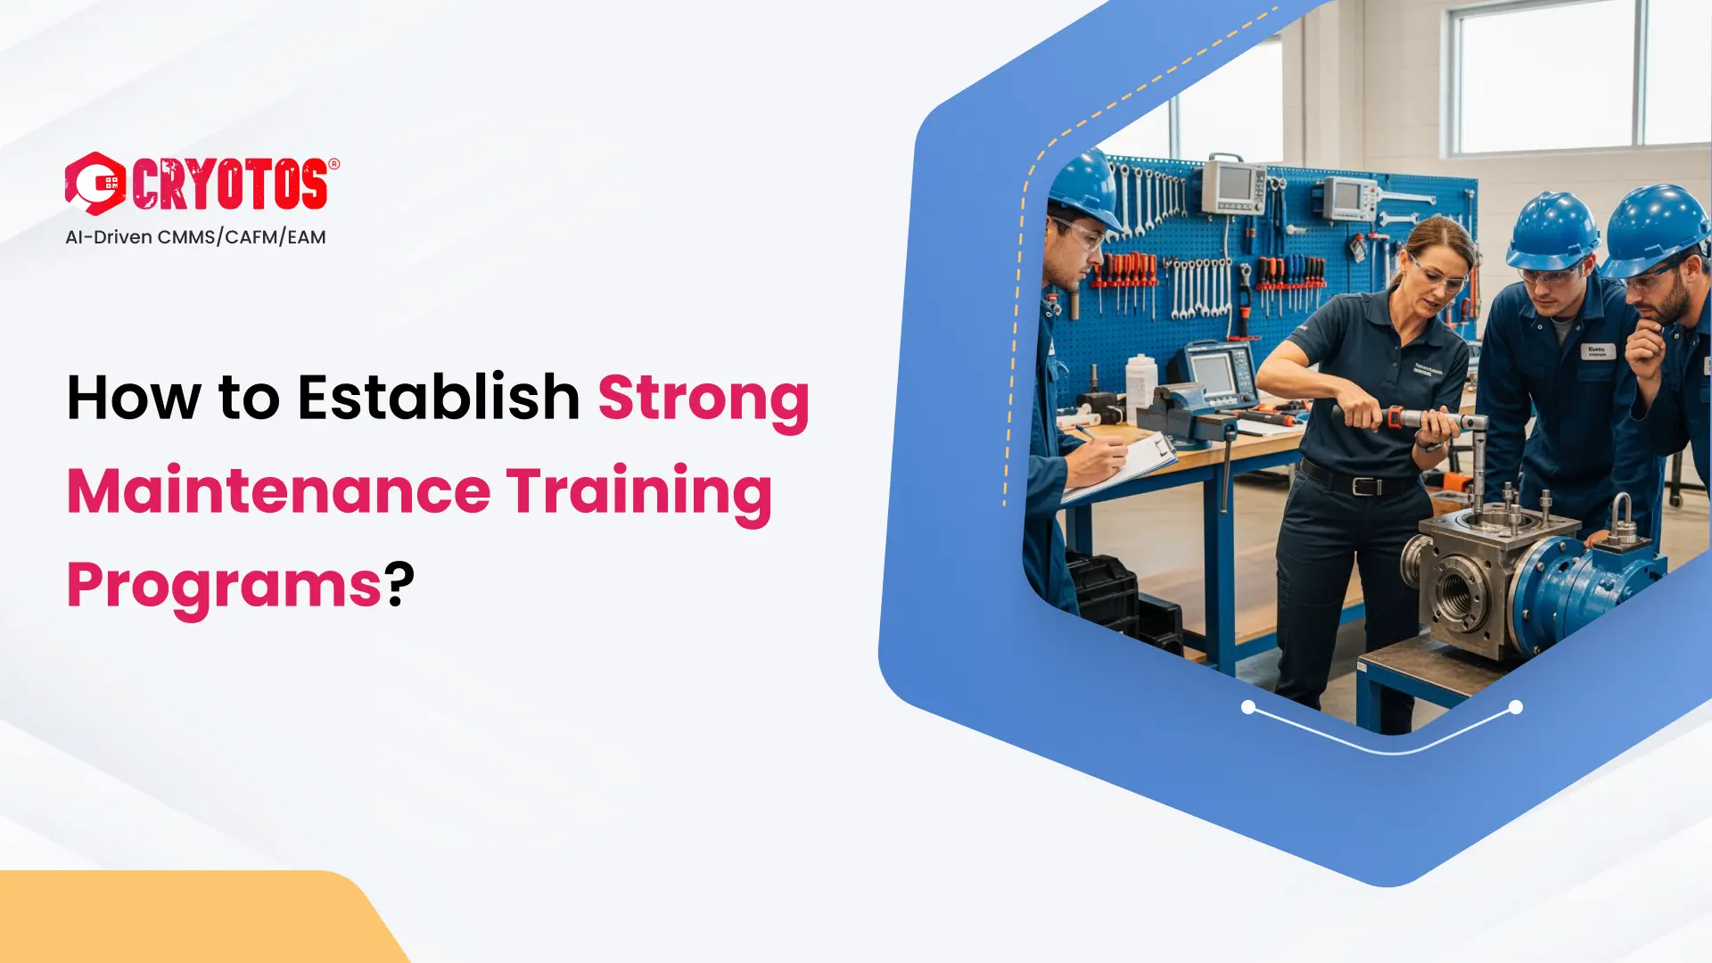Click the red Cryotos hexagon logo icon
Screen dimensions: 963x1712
click(95, 184)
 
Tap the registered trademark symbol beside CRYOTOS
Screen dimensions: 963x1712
click(334, 164)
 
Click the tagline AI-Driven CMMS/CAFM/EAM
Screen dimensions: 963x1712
click(195, 237)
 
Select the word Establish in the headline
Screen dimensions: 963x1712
click(439, 397)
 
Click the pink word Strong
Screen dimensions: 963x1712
click(704, 399)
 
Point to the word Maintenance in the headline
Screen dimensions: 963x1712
click(278, 491)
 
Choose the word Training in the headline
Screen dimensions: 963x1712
click(638, 491)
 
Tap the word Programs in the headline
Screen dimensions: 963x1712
click(225, 586)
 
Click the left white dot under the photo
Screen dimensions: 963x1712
click(1248, 707)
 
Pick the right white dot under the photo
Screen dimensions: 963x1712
click(1516, 707)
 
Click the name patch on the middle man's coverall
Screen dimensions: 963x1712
click(1598, 351)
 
